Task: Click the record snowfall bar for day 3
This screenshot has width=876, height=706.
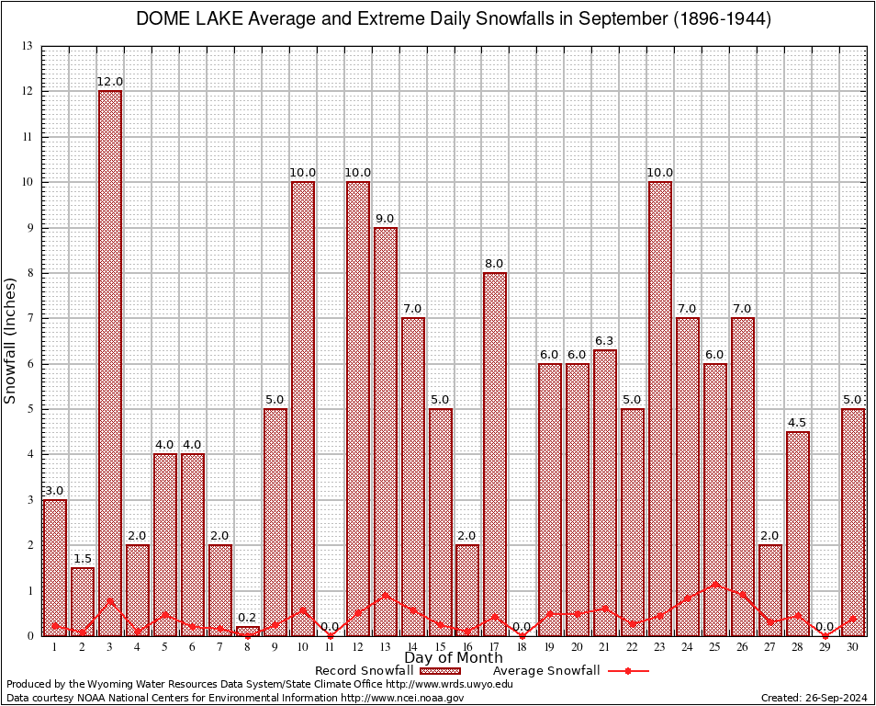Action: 110,363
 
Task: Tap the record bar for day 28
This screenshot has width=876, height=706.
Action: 798,533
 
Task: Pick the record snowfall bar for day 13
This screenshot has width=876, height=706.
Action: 386,431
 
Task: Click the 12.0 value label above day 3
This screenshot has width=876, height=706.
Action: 110,82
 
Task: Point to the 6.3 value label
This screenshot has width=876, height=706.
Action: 605,341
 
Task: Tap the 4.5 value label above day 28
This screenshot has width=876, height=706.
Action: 798,423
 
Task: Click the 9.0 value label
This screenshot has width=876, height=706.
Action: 386,219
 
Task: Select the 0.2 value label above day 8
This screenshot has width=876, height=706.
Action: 248,618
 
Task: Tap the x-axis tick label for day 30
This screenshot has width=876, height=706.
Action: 853,646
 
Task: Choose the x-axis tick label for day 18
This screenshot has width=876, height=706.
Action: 522,646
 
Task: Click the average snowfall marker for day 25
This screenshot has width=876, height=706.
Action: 715,584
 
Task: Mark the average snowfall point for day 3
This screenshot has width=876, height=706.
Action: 110,601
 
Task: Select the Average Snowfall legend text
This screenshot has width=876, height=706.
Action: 545,671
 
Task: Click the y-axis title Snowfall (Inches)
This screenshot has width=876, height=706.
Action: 11,340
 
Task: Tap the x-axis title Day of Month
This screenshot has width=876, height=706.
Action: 453,658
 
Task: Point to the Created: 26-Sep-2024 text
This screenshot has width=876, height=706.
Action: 814,699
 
